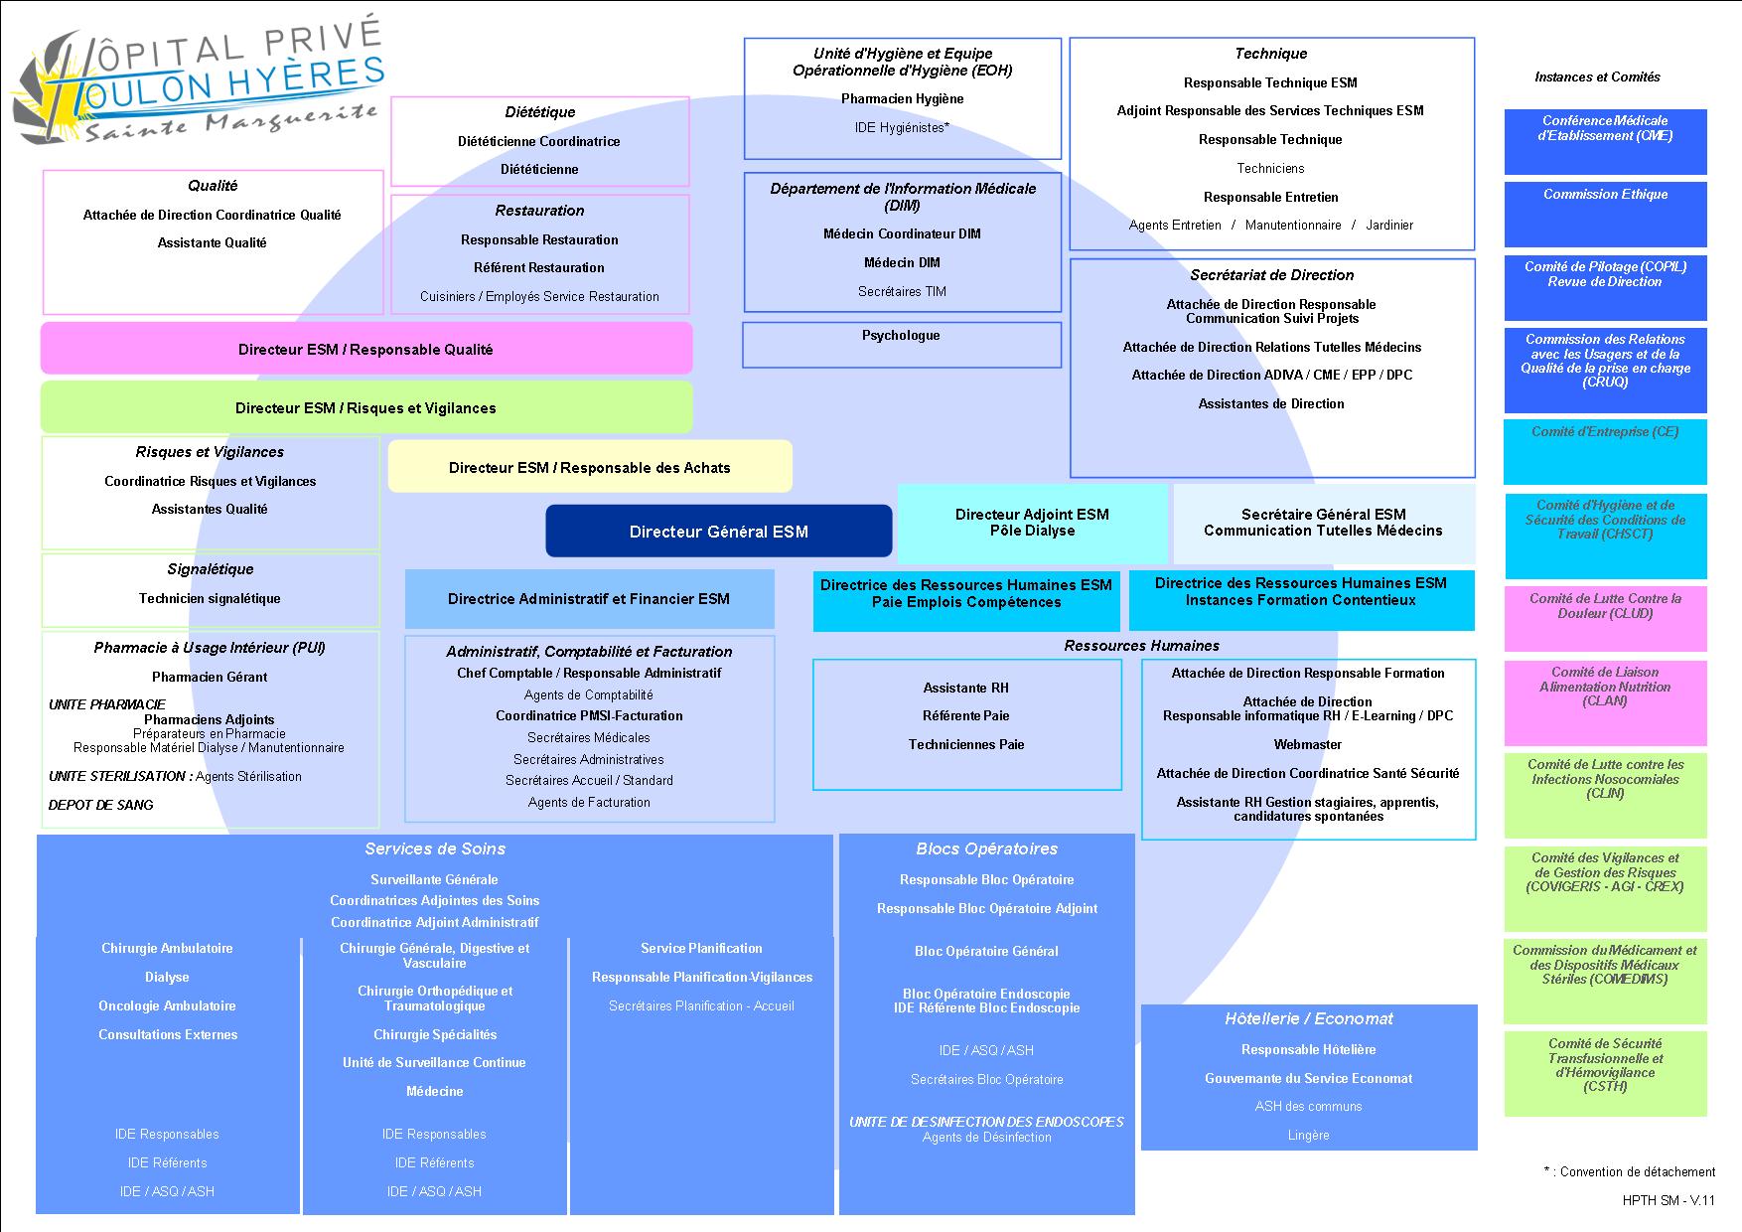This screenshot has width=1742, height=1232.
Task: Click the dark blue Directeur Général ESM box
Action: tap(718, 532)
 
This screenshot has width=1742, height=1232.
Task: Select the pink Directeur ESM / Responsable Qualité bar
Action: tap(365, 349)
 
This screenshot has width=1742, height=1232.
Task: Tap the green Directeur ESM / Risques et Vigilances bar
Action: tap(365, 407)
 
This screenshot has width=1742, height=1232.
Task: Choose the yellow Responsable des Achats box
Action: tap(589, 467)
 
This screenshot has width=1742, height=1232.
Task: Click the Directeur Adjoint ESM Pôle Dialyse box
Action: tap(1032, 523)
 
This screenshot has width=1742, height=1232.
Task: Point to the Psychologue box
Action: tap(901, 345)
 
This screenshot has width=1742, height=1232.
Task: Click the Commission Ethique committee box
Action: tap(1605, 213)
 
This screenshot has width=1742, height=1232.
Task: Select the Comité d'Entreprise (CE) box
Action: tap(1605, 450)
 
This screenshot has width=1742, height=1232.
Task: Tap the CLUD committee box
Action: tap(1605, 617)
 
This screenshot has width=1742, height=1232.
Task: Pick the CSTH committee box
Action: tap(1605, 1073)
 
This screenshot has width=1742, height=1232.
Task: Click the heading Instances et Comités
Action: tap(1597, 77)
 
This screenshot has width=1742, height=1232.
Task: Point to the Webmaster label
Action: tap(1307, 744)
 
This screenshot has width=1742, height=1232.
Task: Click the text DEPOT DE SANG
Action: tap(101, 805)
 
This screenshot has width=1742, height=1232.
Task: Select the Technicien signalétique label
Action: tap(210, 598)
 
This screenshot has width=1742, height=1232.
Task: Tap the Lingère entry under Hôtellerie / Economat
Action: tap(1308, 1135)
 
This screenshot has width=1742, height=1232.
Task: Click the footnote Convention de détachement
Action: tap(1630, 1171)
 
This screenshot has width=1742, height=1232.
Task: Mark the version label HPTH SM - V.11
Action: tap(1669, 1200)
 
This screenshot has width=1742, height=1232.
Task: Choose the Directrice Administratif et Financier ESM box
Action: tap(589, 599)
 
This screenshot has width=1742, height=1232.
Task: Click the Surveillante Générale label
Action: tap(434, 879)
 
